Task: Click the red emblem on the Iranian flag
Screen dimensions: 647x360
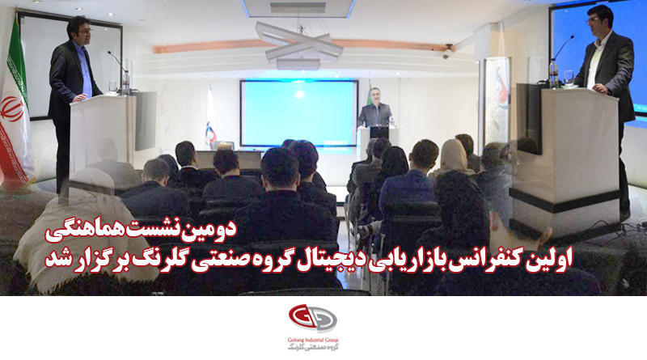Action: tap(11, 108)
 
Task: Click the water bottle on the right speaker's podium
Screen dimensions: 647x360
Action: tap(553, 73)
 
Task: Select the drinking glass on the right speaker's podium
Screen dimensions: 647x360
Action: tap(569, 78)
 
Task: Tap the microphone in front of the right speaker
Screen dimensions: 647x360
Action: tap(563, 48)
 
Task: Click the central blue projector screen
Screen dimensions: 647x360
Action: tap(298, 113)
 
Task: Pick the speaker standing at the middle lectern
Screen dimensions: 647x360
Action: tap(374, 108)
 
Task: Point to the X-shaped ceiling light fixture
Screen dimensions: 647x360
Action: tap(299, 44)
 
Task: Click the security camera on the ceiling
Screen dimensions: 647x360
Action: tap(447, 52)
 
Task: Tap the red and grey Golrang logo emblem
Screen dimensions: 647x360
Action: tap(312, 319)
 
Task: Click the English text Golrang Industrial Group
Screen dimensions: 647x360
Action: tap(313, 341)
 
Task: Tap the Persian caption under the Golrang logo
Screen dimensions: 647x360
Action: tap(313, 347)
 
